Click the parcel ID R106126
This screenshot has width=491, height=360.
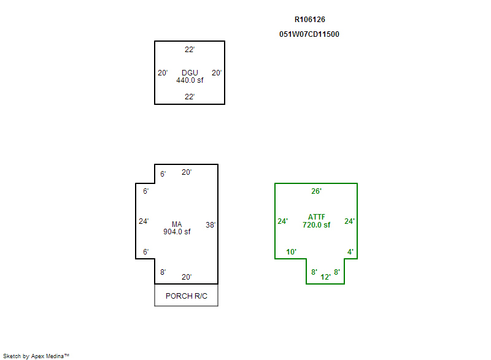(310, 20)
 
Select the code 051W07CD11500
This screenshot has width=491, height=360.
(309, 34)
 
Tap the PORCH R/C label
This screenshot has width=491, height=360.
(187, 296)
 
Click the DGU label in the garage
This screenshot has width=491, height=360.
(190, 72)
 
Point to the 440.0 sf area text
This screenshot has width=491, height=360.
(190, 80)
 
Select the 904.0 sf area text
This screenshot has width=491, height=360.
(177, 232)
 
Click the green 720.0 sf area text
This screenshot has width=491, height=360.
(316, 225)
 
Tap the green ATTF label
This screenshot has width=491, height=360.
(317, 217)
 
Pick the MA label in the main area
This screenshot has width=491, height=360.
(177, 224)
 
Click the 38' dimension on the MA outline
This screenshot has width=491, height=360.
(211, 225)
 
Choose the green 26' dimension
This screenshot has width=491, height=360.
(316, 191)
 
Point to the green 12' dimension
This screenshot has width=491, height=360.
(325, 277)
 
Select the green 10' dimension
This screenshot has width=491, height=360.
(291, 252)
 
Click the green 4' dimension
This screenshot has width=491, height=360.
(350, 252)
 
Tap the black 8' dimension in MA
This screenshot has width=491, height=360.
(163, 272)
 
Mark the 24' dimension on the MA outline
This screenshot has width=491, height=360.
(144, 221)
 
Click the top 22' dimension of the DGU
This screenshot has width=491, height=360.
(190, 50)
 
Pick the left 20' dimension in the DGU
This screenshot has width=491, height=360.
(163, 73)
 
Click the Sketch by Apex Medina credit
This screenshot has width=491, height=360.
(36, 356)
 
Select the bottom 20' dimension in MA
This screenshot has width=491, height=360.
(187, 277)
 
